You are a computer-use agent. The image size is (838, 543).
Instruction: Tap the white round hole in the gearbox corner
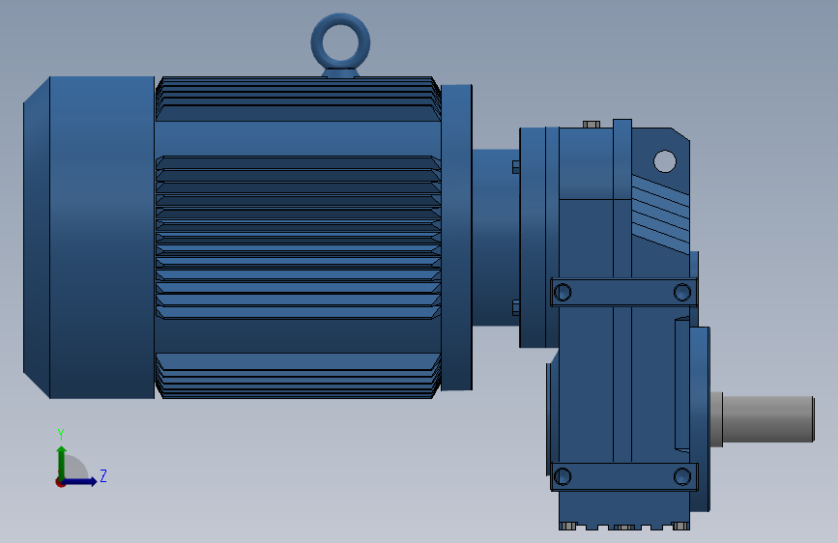tap(665, 161)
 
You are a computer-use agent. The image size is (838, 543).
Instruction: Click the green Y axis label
tap(61, 434)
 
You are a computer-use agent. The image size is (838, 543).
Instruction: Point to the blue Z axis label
tap(103, 475)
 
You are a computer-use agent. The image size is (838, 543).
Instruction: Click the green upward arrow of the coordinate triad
tap(62, 464)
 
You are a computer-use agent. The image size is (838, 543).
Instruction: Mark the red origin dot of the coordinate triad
tap(60, 482)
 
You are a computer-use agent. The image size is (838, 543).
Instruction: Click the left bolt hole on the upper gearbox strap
tap(563, 293)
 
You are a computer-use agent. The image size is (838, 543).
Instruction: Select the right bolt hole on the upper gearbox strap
tap(682, 293)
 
